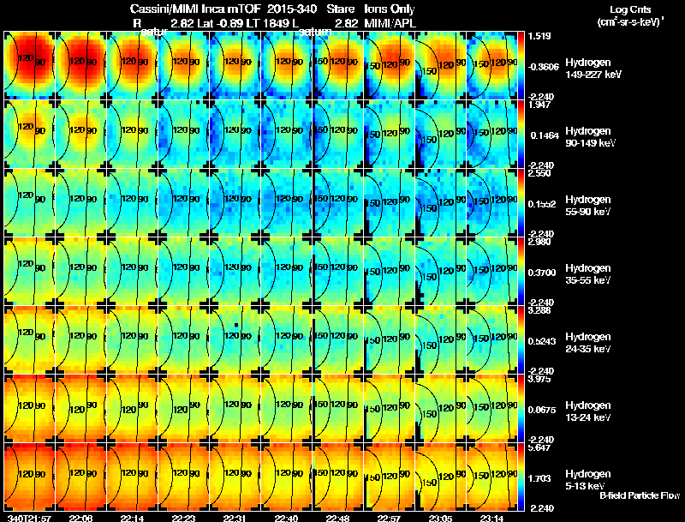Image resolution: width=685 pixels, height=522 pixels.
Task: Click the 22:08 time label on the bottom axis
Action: point(81,518)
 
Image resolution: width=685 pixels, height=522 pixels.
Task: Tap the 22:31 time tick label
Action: point(233,518)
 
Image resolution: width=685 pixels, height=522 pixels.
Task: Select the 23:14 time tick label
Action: point(491,518)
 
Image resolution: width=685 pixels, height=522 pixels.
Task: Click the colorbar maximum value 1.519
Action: point(540,36)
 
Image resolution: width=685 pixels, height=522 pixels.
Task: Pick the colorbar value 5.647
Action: point(540,447)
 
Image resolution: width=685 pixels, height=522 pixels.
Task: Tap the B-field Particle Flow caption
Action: point(640,495)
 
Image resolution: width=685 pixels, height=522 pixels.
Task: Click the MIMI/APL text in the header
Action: point(390,21)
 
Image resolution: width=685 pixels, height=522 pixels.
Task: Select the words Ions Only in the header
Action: point(390,8)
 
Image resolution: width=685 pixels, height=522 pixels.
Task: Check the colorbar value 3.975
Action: point(540,379)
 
